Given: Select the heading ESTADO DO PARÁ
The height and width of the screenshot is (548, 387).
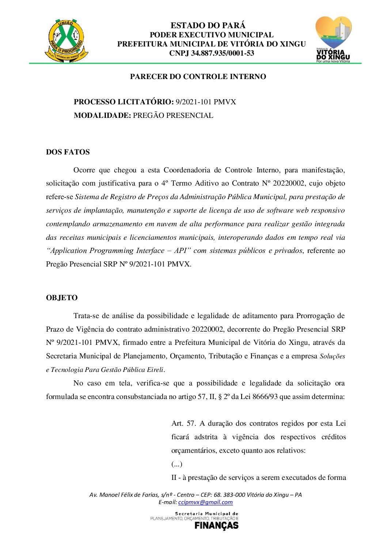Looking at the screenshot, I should pos(208,25).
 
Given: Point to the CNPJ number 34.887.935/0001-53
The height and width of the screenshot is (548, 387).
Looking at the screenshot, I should pos(223,53).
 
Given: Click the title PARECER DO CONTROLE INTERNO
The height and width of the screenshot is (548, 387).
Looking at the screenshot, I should pos(198,77).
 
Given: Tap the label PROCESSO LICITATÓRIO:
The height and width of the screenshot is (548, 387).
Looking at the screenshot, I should pos(124,102).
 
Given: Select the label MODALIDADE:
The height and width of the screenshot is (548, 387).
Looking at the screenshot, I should pos(102,115).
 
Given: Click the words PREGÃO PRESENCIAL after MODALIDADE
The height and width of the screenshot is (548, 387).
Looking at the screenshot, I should pos(173,115).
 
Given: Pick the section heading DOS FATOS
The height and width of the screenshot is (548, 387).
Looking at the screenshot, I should pos(68,152).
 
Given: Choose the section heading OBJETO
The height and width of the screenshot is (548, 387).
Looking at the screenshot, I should pos(62,298).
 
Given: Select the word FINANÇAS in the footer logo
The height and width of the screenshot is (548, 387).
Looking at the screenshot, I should pos(216,526).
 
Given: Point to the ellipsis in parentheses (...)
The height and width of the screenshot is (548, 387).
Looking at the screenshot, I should pos(177,464).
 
